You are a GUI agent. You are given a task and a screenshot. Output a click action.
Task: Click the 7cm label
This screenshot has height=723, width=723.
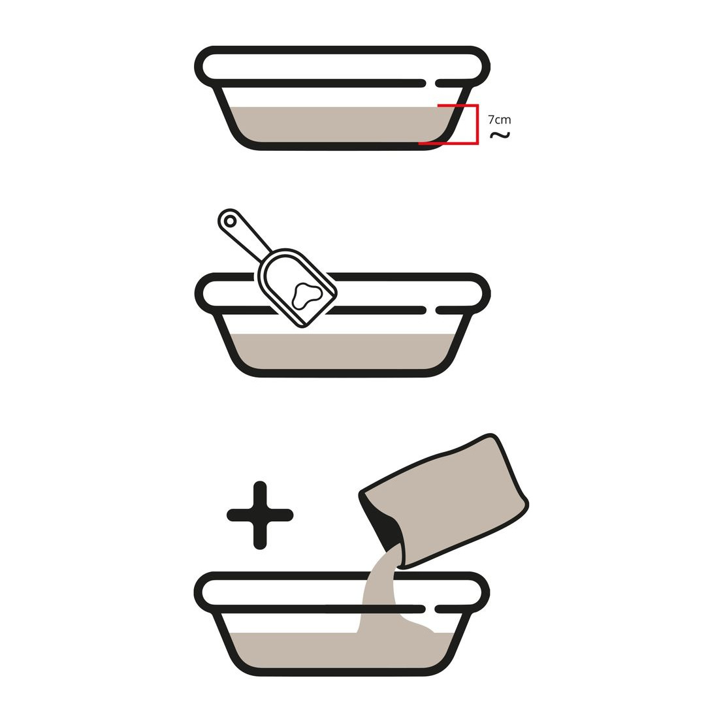(500, 120)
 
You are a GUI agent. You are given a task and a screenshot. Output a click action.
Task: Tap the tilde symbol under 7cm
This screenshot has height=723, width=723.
(500, 135)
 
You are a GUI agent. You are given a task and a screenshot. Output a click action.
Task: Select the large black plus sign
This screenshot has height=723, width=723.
(260, 515)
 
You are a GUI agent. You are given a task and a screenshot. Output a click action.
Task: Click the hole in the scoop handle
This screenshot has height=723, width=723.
(230, 221)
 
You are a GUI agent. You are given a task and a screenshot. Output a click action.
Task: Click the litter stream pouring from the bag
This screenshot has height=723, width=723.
(378, 590)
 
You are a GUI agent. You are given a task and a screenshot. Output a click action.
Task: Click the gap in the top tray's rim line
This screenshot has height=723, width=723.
(430, 83)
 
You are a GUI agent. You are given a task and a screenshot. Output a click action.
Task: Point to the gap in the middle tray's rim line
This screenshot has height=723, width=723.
(430, 310)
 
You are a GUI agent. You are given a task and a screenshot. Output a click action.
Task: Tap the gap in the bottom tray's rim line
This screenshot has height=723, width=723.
(430, 609)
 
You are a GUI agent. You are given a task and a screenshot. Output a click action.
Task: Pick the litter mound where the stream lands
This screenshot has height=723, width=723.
(417, 625)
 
